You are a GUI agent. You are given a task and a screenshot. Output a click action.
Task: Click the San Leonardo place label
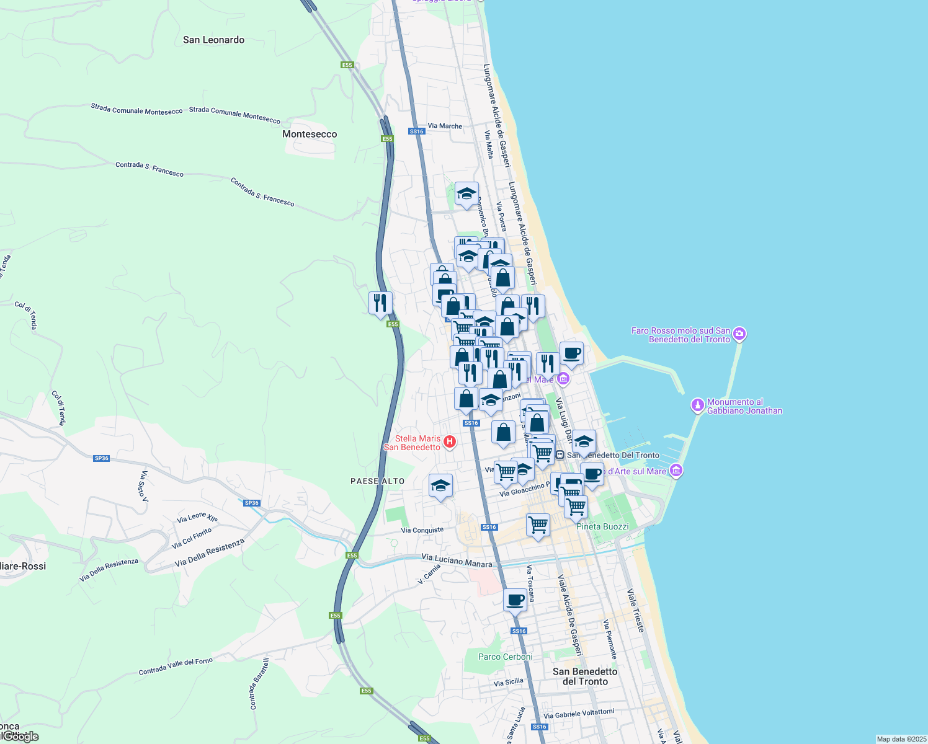click(213, 40)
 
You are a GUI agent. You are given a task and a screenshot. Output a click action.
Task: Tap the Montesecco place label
click(310, 134)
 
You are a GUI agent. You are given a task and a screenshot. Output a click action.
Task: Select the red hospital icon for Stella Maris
click(450, 442)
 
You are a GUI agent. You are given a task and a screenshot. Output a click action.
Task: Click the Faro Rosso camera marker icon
click(739, 335)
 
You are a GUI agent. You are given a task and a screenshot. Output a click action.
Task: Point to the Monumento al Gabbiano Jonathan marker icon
click(698, 405)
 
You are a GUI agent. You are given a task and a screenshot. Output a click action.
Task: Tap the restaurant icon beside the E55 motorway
click(380, 303)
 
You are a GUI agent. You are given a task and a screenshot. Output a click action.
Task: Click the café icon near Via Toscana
click(515, 600)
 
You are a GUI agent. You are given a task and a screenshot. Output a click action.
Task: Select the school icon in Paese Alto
click(440, 485)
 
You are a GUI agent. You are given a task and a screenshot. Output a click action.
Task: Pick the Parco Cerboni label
click(505, 657)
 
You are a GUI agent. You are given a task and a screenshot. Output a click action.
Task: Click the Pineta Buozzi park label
click(602, 526)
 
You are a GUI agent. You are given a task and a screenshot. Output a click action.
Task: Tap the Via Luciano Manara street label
click(457, 560)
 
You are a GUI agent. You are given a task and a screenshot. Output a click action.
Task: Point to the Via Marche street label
click(445, 126)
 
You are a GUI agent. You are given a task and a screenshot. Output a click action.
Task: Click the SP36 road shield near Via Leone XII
click(252, 503)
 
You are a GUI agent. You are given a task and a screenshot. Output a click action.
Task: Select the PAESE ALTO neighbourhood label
click(377, 481)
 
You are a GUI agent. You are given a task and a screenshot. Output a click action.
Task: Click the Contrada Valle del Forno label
click(176, 666)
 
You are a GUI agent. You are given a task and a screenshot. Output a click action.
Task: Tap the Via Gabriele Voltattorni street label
click(579, 714)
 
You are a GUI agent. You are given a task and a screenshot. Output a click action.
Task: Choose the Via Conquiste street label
click(422, 530)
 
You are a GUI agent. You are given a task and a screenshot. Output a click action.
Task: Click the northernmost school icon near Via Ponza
click(466, 194)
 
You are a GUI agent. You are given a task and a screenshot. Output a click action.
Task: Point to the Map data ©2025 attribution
click(901, 739)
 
